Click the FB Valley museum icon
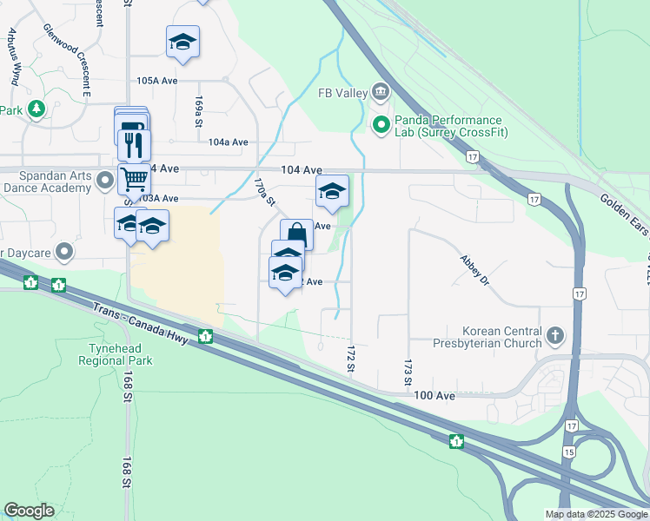point(381,92)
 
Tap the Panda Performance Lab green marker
point(381,126)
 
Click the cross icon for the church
point(556,334)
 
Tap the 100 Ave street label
point(434,396)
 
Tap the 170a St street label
point(264,193)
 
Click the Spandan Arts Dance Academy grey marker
point(106,181)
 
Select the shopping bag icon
point(296,234)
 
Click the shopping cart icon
point(134,180)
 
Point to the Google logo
point(29,511)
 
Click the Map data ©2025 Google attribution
point(595,514)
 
